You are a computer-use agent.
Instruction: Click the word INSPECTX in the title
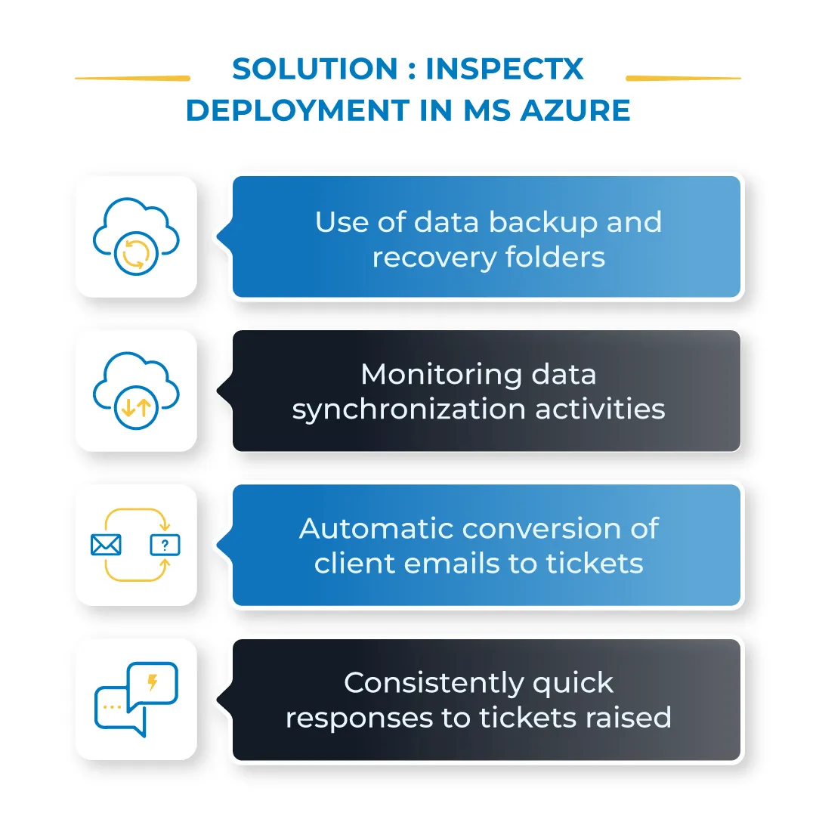(504, 70)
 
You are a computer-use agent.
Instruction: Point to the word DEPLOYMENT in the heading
(297, 110)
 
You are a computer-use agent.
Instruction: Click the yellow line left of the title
(132, 78)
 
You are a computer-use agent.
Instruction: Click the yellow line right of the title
(683, 78)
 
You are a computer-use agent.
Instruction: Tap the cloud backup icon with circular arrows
(136, 236)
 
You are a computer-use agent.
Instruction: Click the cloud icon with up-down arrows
(136, 390)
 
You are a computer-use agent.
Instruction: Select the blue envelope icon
(106, 545)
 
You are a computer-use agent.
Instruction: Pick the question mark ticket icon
(165, 545)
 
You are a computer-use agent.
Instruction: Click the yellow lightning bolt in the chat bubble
(153, 683)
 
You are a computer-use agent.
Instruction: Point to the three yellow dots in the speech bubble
(112, 707)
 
